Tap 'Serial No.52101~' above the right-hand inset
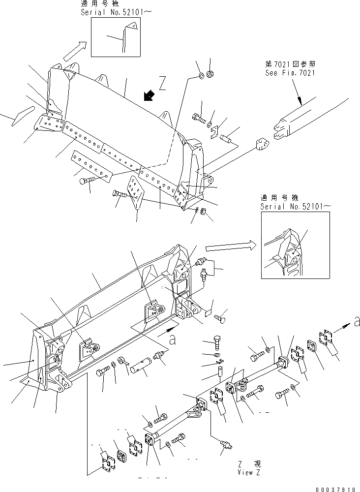tap(293, 207)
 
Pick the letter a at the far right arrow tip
tap(357, 322)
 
